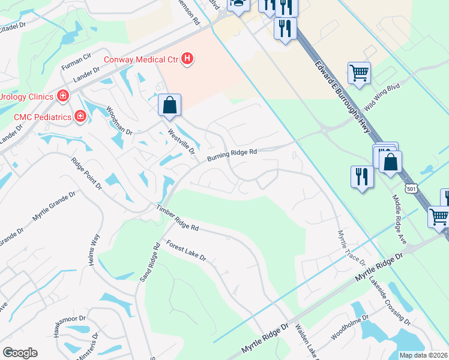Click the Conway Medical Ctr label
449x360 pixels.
coord(141,59)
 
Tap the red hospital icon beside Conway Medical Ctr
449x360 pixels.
coord(188,58)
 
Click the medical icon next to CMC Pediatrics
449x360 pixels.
coord(80,116)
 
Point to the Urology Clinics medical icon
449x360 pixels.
coord(62,95)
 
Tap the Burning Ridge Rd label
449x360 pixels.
coord(232,155)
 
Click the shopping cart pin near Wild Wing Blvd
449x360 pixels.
coord(359,73)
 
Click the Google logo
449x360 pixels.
coord(20,353)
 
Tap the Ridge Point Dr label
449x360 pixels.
coord(86,173)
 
